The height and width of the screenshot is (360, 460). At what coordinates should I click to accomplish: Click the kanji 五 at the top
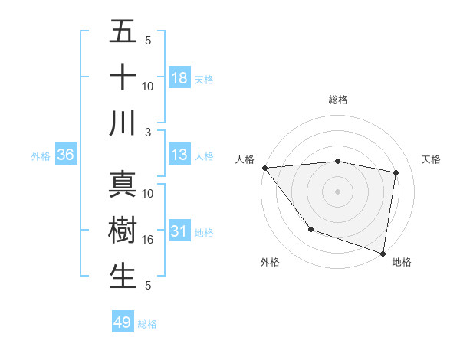click(123, 31)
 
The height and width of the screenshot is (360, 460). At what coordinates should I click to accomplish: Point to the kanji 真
click(123, 184)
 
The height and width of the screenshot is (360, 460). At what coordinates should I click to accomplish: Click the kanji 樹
click(123, 230)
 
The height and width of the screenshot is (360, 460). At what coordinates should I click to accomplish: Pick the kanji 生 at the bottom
click(123, 276)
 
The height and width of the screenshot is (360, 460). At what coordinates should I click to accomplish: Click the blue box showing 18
click(179, 77)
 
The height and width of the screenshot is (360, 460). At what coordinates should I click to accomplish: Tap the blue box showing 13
click(179, 155)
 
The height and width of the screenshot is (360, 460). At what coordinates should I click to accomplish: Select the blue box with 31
click(179, 231)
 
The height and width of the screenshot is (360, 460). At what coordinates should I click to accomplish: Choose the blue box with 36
click(66, 155)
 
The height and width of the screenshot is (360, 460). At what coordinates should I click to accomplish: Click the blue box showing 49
click(123, 322)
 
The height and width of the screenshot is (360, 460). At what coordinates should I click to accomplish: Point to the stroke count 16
click(148, 240)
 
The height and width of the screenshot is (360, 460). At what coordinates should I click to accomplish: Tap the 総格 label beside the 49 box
click(147, 324)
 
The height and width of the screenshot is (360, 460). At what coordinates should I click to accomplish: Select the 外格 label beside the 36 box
click(41, 156)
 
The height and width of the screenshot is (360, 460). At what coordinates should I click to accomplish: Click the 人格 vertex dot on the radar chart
click(264, 168)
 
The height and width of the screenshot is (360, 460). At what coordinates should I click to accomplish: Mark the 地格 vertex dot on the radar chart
click(383, 252)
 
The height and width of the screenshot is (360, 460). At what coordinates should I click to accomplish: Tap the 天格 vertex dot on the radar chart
click(396, 172)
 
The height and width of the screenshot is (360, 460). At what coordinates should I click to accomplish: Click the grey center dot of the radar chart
click(337, 191)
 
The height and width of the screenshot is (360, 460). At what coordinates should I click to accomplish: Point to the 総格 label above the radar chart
click(337, 100)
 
